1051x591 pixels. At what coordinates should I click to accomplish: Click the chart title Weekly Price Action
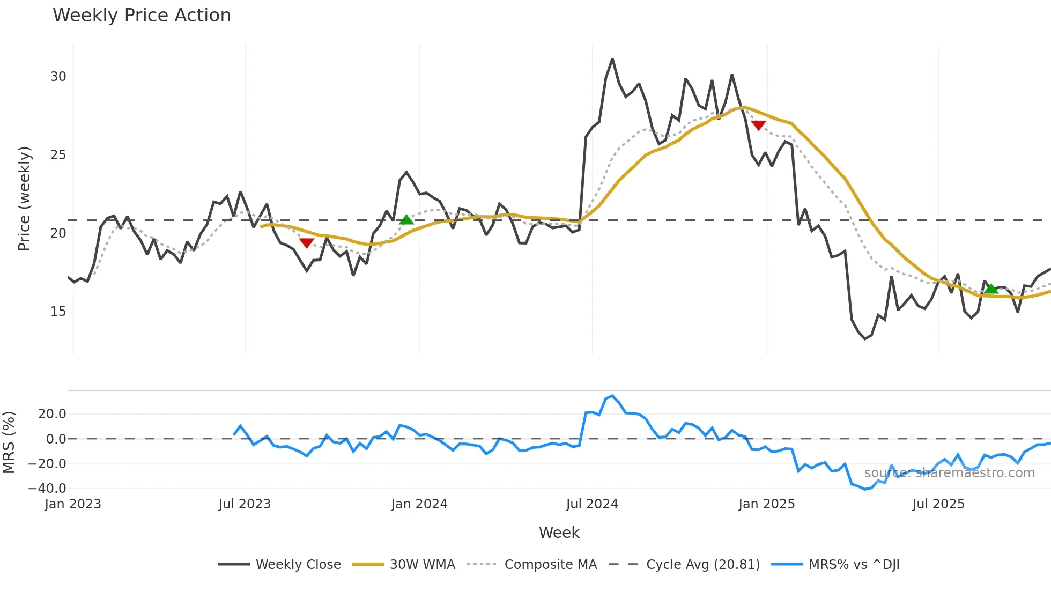(x=142, y=16)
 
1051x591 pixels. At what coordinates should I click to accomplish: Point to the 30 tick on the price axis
(x=58, y=77)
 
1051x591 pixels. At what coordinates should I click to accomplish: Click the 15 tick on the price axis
(x=58, y=312)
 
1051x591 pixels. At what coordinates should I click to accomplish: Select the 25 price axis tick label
(x=58, y=155)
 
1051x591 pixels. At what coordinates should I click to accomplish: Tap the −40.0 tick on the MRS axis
(x=47, y=489)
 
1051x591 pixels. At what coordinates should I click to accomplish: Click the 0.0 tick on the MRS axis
(x=56, y=439)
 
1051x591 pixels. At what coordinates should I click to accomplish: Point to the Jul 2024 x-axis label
(x=592, y=504)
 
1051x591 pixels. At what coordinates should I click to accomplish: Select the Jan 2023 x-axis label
(x=73, y=504)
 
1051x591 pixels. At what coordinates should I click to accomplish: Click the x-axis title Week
(x=559, y=533)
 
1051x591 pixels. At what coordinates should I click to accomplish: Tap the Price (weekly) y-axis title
(x=25, y=198)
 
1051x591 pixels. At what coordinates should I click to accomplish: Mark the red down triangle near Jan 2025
(x=758, y=125)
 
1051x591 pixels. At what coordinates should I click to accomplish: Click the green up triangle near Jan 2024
(x=406, y=220)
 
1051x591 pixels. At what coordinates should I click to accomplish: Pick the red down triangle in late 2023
(x=306, y=243)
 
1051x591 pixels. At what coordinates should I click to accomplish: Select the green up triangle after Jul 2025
(x=990, y=289)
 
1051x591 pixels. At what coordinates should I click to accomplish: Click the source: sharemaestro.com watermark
(x=949, y=473)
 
